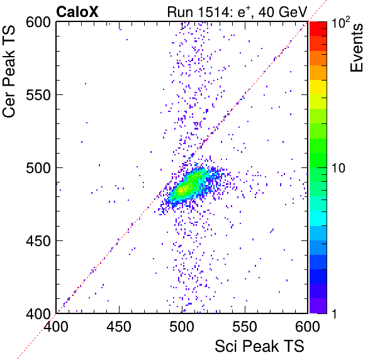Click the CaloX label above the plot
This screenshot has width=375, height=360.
77,12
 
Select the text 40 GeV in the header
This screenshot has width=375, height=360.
283,12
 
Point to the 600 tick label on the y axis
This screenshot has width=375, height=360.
38,23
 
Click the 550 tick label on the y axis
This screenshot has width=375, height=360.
38,95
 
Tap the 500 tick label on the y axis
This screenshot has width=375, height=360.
38,168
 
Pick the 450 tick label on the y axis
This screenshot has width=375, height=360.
38,241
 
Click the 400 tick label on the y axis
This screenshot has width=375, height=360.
38,313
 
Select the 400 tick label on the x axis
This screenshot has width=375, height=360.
56,327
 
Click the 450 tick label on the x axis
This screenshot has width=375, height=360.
119,327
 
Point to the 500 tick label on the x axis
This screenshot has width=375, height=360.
182,327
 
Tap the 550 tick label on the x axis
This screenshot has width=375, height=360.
245,327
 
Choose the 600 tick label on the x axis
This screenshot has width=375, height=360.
308,327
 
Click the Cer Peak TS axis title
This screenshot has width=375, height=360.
9,71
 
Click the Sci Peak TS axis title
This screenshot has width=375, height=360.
259,346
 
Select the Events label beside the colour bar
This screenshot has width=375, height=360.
356,48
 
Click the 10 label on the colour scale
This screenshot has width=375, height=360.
339,168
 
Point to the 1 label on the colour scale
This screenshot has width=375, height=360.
335,313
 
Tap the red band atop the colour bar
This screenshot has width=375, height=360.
318,29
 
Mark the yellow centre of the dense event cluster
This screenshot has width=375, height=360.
184,189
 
